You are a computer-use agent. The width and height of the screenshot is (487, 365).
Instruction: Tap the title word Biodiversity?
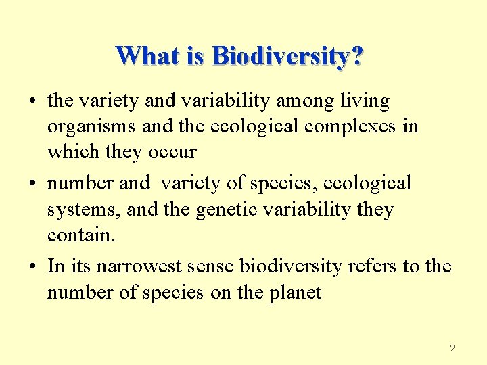pyautogui.click(x=287, y=55)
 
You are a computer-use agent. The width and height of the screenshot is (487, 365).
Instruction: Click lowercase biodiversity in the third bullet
pyautogui.click(x=291, y=266)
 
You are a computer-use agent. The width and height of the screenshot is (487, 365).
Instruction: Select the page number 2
pyautogui.click(x=453, y=349)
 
